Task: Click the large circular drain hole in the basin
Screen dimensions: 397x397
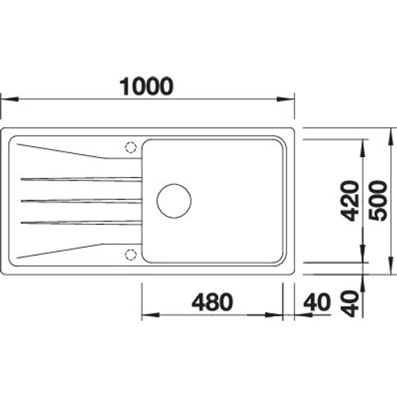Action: coord(173,200)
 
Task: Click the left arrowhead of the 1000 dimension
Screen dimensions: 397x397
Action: coord(6,100)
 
